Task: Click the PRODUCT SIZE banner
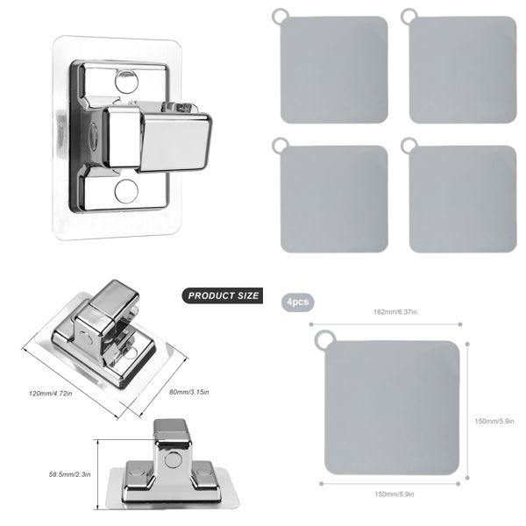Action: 224,295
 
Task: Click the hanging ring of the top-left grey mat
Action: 279,16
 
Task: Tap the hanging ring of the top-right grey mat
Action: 408,16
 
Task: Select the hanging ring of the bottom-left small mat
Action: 279,144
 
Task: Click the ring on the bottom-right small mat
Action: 408,144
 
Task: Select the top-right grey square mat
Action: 462,70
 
